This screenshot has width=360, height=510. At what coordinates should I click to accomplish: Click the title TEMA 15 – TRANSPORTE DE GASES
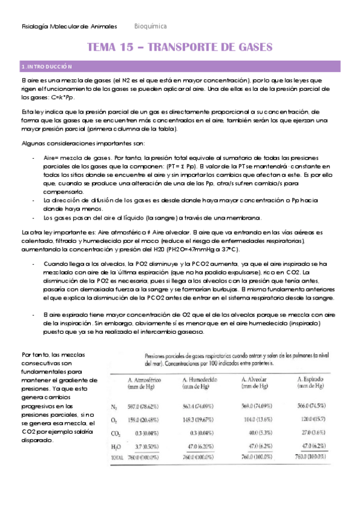180,47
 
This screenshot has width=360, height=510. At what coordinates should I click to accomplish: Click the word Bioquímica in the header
150,27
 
